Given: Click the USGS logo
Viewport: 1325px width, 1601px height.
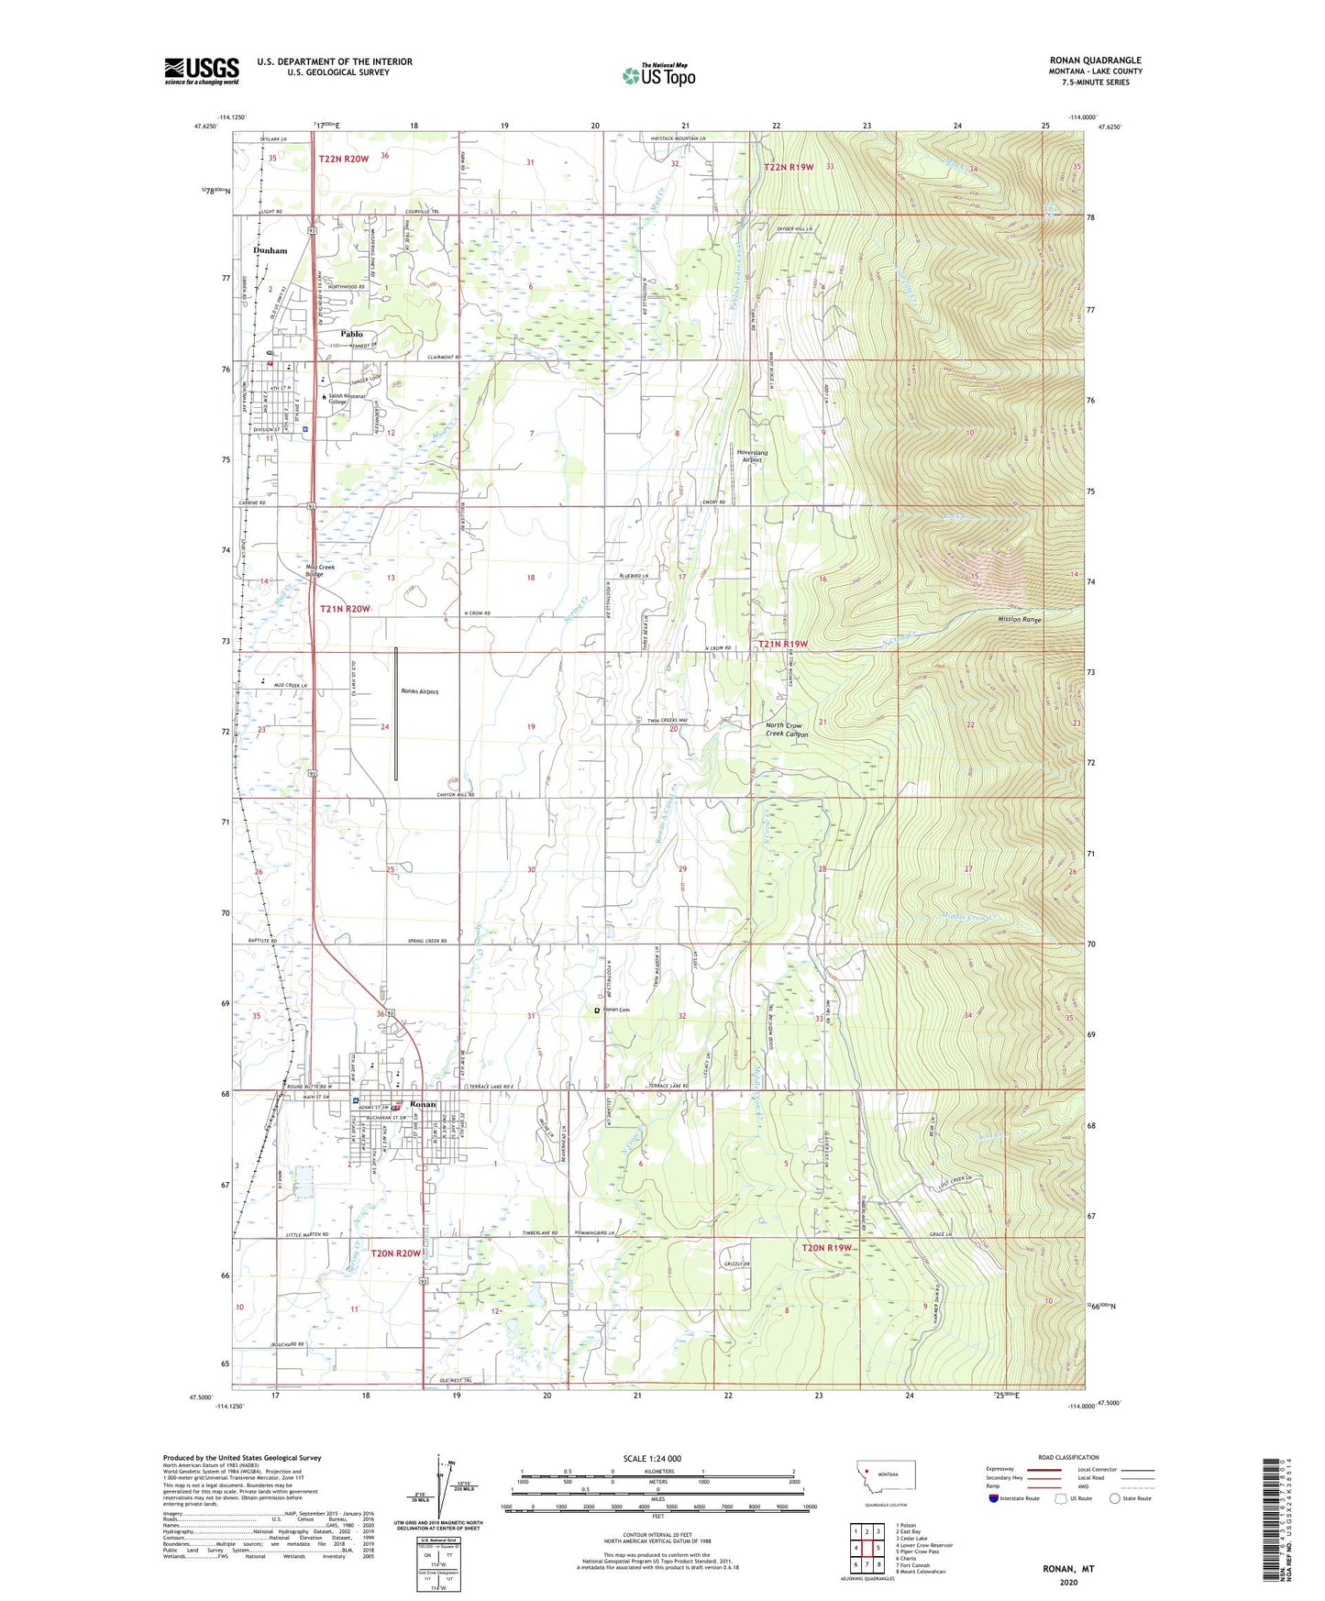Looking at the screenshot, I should (202, 71).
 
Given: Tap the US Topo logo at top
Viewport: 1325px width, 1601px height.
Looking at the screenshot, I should (658, 75).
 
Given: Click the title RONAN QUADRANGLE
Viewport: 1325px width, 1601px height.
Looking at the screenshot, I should (1095, 61).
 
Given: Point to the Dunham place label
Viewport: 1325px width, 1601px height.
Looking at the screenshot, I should (270, 250).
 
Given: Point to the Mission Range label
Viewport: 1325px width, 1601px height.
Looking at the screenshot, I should (1020, 620).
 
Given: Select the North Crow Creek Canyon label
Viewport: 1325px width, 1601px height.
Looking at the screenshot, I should (787, 730).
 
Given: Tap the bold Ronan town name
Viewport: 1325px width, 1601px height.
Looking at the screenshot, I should (423, 1104).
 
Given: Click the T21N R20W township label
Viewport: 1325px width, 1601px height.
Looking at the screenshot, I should (345, 609).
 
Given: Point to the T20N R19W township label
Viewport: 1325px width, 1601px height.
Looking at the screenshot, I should (826, 1248).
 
